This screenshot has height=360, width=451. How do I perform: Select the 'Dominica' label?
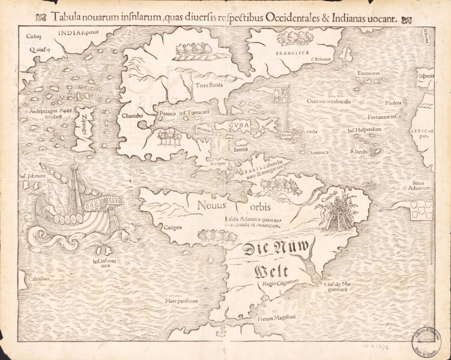coord(318,152)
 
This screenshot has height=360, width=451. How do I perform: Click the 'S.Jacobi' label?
coord(360,152)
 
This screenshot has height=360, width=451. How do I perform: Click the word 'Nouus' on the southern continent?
coord(210,206)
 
